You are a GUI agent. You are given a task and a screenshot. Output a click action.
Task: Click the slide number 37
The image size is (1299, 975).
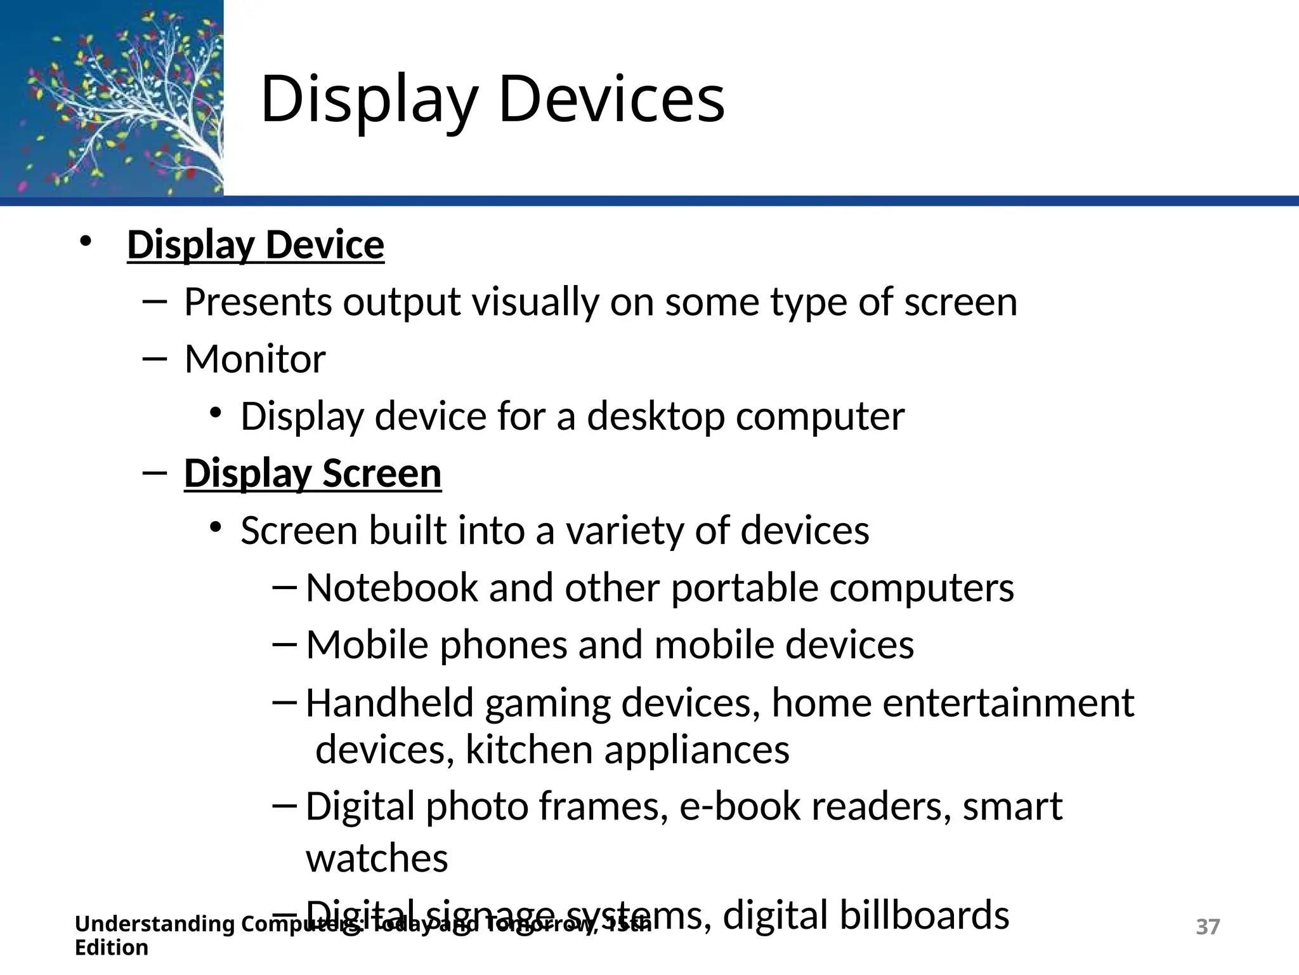pos(1207,927)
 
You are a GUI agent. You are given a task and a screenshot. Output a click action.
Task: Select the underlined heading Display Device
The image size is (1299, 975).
pos(256,245)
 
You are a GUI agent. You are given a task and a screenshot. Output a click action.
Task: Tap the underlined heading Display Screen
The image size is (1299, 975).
pos(313,474)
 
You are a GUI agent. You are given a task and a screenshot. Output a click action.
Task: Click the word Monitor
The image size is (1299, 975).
pos(255,359)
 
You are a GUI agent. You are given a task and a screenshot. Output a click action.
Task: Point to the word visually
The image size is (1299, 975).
pos(535,302)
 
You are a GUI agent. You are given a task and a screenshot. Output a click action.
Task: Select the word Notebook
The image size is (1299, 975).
pos(391,588)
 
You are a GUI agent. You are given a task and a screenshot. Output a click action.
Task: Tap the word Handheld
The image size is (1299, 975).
pos(389,703)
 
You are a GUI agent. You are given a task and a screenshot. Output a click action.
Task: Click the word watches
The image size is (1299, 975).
pos(377,858)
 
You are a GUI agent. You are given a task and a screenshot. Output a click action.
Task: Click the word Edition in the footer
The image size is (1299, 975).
pos(112,948)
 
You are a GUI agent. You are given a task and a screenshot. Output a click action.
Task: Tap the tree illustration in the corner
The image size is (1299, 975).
pos(112,98)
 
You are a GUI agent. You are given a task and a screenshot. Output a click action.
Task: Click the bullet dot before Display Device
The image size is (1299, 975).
pos(86,242)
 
